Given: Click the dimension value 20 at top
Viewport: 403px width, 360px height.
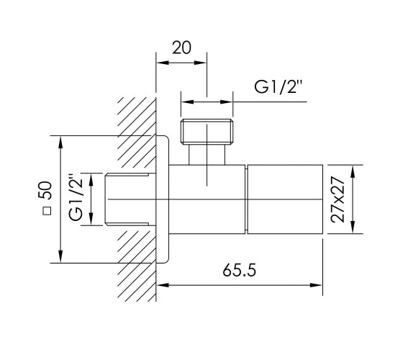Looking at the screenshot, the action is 181,48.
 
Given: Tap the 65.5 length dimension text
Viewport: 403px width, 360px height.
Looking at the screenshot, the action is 239,270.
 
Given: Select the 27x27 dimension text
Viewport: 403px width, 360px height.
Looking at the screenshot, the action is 338,199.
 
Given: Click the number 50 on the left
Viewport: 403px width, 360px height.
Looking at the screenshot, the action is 45,190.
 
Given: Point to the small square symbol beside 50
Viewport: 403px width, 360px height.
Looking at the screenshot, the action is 47,211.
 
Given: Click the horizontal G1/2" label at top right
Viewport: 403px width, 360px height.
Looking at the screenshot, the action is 279,86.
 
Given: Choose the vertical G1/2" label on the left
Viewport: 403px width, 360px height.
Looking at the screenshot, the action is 76,198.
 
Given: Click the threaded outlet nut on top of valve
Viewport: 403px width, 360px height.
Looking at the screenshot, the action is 207,131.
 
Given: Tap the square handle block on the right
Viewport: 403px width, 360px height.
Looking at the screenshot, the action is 285,199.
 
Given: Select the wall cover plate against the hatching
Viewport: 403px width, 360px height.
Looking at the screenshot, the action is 163,199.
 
